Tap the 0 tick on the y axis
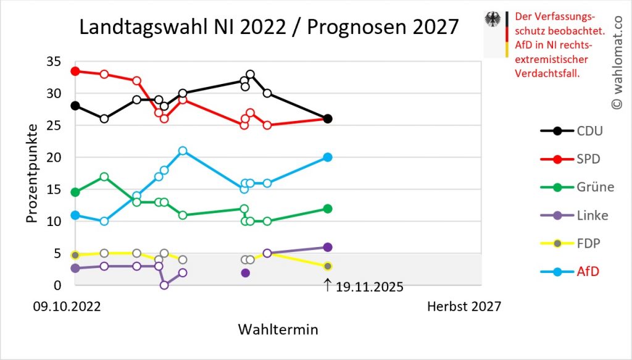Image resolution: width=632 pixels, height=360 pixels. [x=57, y=285]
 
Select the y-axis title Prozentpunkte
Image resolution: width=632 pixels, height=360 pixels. [x=33, y=173]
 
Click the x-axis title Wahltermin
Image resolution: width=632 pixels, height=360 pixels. [x=278, y=330]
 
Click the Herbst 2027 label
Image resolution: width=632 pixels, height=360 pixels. [x=464, y=306]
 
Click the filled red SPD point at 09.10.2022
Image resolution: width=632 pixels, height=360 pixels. [x=75, y=71]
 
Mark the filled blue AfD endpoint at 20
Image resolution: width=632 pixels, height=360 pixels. [x=328, y=157]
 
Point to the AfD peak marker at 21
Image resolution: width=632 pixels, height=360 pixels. [x=183, y=151]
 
